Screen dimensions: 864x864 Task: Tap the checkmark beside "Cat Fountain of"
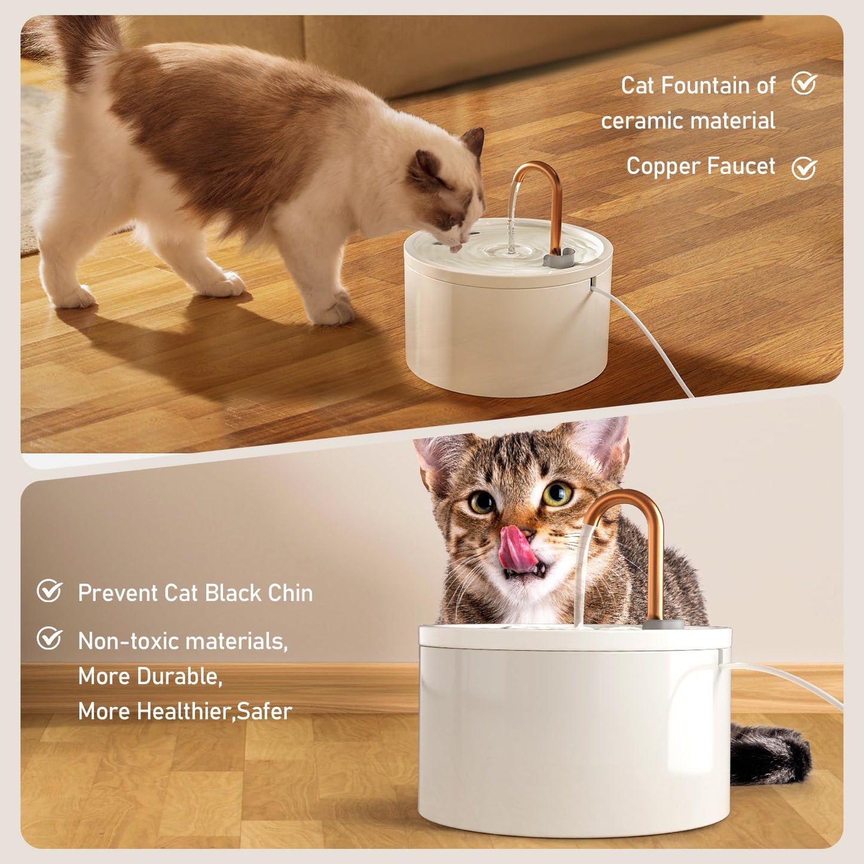[x=804, y=84]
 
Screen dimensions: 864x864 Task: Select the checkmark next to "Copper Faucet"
[x=804, y=168]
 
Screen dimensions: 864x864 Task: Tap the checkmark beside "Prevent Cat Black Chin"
[x=49, y=591]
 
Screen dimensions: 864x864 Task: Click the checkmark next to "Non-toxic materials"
[x=49, y=638]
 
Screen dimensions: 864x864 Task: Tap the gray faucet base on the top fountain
[x=559, y=258]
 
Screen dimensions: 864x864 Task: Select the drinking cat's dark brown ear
[x=474, y=141]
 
